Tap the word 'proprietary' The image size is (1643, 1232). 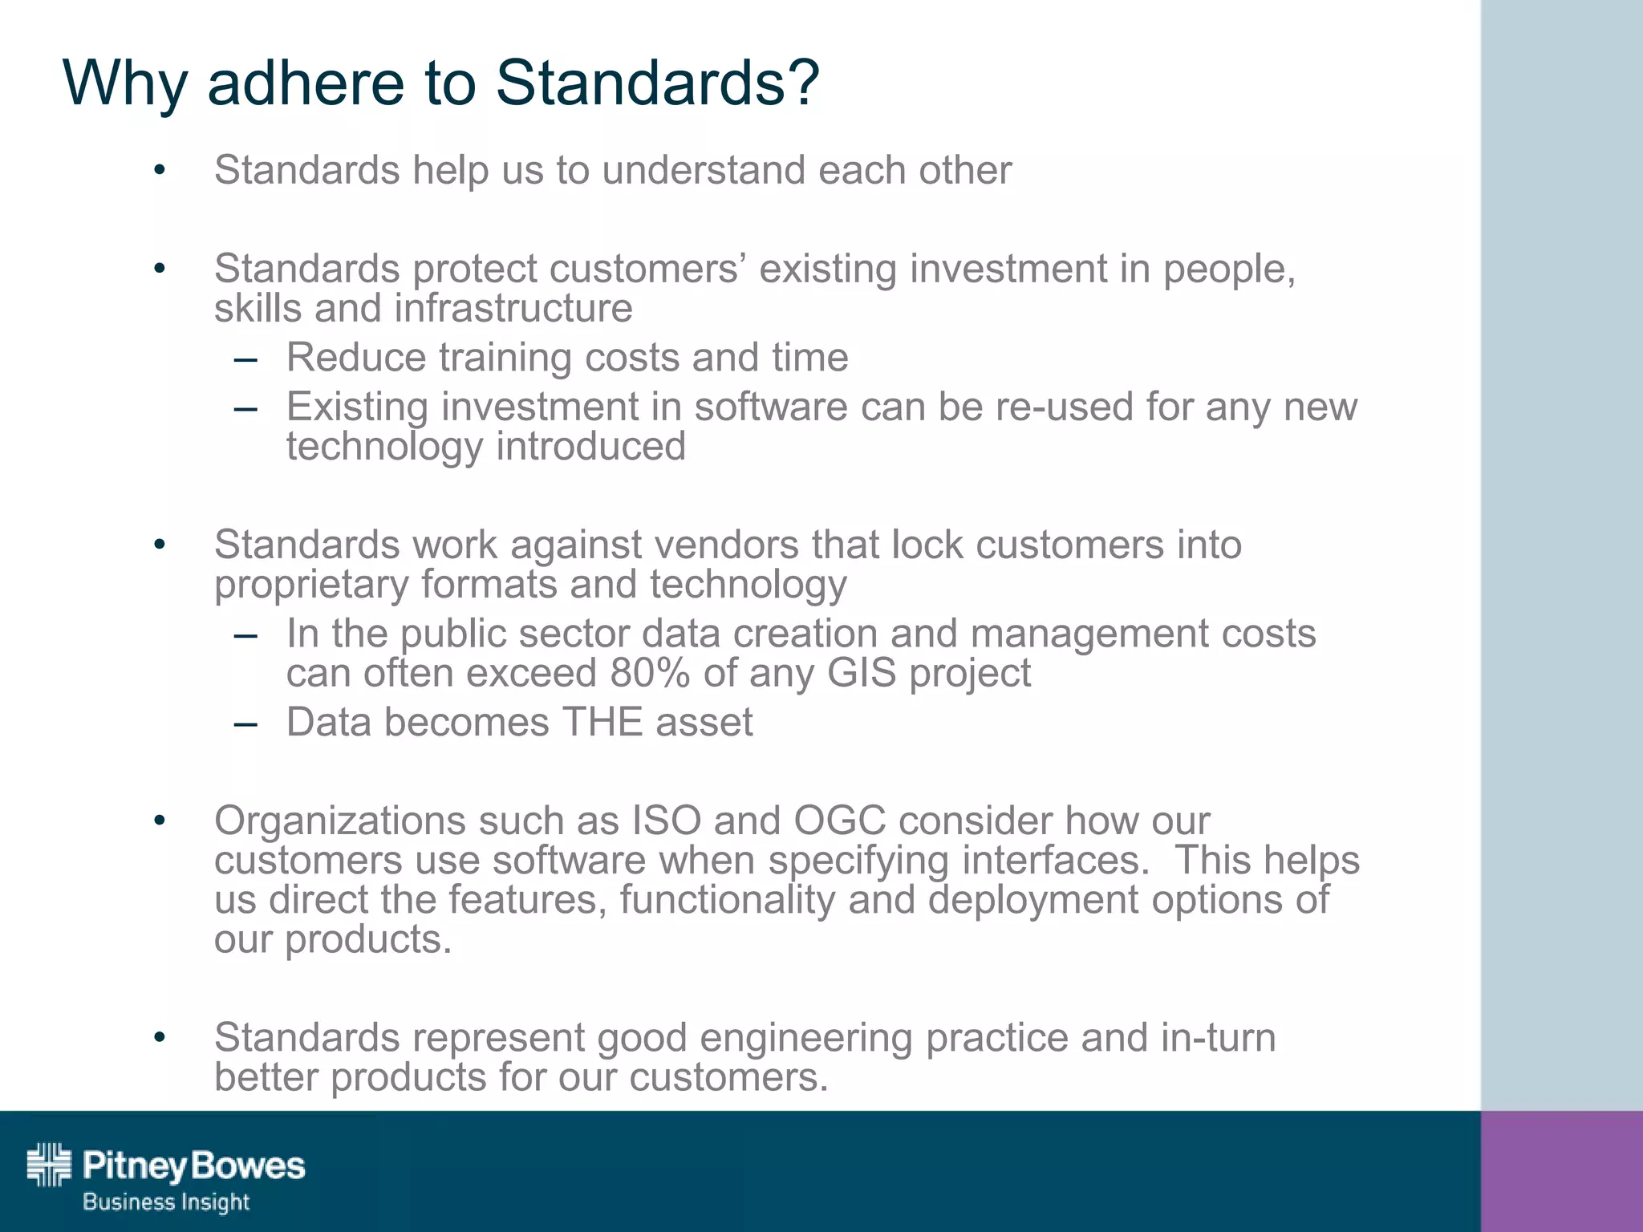tap(311, 585)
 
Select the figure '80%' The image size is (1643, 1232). tap(649, 673)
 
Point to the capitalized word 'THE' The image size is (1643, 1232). tap(602, 722)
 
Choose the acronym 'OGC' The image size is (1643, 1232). tap(839, 821)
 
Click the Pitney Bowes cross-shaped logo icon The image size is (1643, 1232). tap(49, 1164)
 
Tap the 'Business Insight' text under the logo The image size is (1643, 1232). tap(166, 1202)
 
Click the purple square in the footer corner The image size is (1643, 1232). tap(1561, 1171)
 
